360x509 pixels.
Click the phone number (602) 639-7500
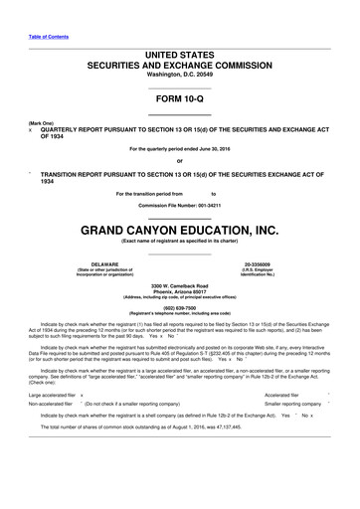tap(179, 308)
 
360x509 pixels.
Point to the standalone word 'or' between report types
tap(179, 162)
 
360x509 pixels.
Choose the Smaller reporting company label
tap(292, 405)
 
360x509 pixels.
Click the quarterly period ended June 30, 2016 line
tap(179, 149)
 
